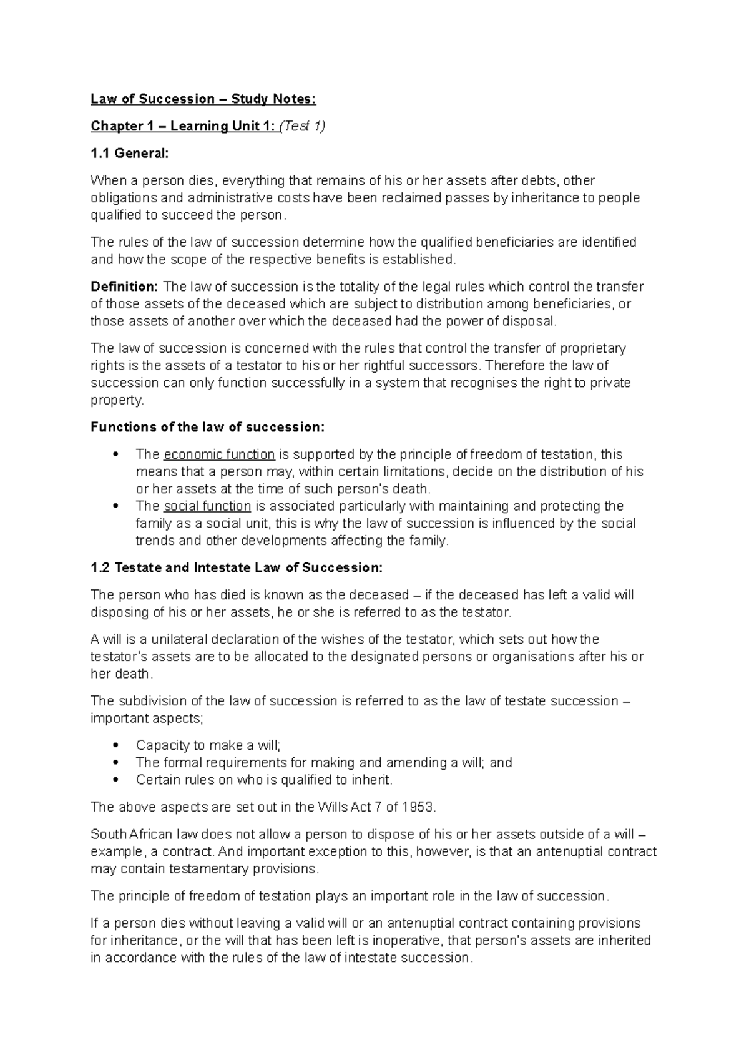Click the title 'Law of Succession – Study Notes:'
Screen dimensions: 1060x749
(x=203, y=99)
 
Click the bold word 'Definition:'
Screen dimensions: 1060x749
(x=125, y=287)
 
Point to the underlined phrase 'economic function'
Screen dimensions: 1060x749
(x=219, y=454)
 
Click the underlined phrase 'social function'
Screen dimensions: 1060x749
(x=207, y=506)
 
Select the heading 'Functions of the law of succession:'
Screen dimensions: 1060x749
(x=208, y=427)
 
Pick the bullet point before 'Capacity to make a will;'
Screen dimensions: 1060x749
(x=114, y=745)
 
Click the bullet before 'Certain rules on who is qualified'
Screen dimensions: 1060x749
(x=114, y=780)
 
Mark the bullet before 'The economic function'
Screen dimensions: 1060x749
(x=114, y=454)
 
